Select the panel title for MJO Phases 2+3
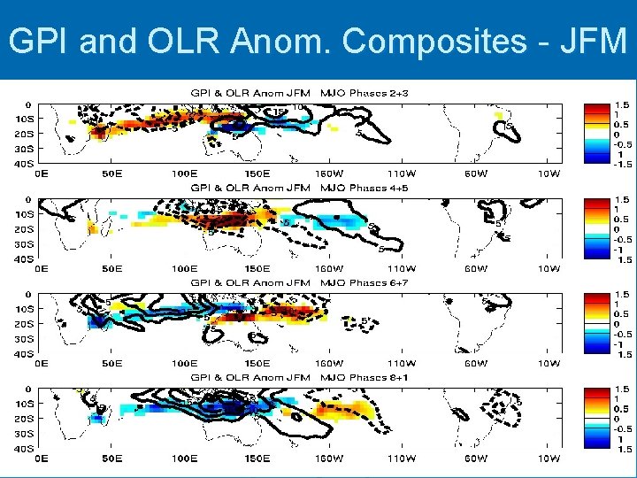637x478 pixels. (300, 93)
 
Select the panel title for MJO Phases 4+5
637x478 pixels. (300, 188)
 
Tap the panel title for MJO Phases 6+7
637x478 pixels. (300, 282)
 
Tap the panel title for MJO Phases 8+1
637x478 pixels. (300, 377)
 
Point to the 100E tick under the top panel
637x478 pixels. (184, 173)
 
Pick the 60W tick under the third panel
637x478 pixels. (476, 363)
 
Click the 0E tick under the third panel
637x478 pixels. (41, 363)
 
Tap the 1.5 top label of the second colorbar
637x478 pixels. (622, 201)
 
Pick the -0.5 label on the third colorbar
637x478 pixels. (622, 334)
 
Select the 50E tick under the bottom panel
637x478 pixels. (111, 458)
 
